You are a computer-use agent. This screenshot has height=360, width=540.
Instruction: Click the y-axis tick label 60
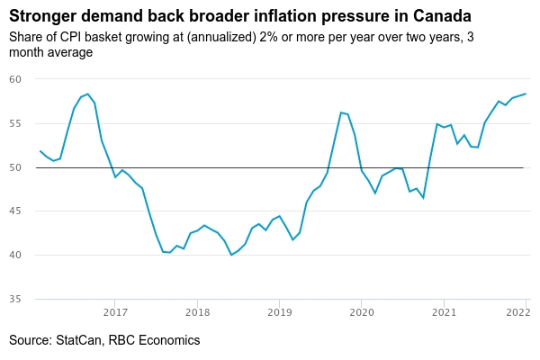pos(15,79)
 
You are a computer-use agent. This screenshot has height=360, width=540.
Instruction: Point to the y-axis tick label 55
pos(15,123)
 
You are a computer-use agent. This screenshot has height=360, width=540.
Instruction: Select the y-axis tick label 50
pos(15,167)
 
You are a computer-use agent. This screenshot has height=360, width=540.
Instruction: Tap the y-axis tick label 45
pos(15,211)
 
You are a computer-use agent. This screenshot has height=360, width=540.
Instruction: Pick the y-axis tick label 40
pos(15,256)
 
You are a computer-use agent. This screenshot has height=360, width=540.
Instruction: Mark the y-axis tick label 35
pos(15,300)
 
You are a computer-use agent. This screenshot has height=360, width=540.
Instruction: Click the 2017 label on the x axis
pos(114,313)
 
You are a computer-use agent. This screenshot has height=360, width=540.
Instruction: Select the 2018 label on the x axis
pos(197,313)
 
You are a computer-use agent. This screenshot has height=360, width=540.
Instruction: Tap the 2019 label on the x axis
pos(279,313)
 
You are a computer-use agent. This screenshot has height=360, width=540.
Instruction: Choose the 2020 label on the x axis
pos(362,313)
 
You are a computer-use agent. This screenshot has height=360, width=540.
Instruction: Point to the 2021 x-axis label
pos(444,313)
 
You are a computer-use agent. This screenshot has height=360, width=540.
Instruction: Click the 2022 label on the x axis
pos(517,313)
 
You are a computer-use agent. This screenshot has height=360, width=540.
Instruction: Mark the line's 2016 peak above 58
pos(87,94)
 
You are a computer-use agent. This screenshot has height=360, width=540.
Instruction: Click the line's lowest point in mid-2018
pos(231,255)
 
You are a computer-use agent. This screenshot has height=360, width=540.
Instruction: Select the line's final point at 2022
pos(526,94)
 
